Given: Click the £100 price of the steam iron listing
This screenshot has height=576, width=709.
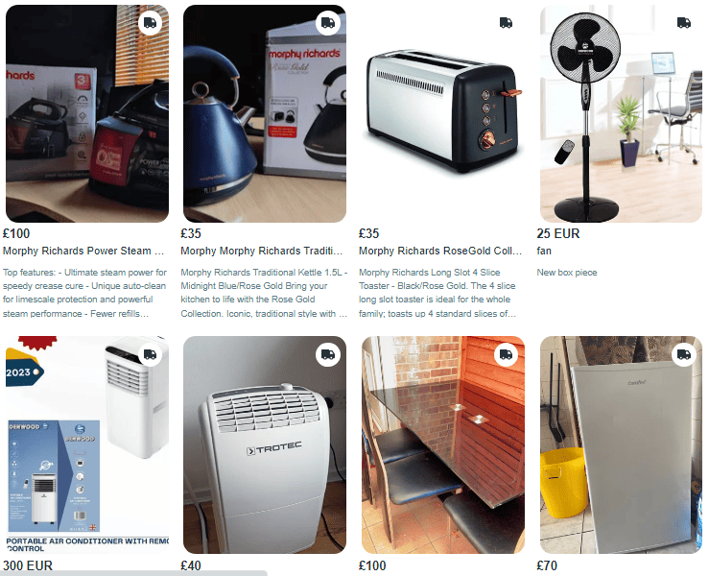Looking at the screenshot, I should point(17,233).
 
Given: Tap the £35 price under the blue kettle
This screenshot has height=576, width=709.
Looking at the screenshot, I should point(191,233).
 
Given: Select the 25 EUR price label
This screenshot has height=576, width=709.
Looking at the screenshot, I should point(557,233).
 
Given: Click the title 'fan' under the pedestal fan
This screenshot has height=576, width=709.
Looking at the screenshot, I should point(544,251).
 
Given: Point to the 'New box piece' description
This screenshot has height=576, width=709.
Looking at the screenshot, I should point(566,273).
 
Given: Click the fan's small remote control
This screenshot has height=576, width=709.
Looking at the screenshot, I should point(566,150).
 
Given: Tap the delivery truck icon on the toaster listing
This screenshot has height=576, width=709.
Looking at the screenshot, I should point(506,23).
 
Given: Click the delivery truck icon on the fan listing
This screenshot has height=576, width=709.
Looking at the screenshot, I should point(683,23).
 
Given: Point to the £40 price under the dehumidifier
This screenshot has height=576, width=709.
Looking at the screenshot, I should point(191,565).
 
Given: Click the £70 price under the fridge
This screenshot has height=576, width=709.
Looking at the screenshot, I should point(547,565).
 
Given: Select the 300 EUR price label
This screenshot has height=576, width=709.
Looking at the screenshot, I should point(28,565).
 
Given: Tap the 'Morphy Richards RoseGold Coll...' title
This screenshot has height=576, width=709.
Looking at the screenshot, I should point(440,251).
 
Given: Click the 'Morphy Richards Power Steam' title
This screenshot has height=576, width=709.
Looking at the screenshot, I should point(84,251).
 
